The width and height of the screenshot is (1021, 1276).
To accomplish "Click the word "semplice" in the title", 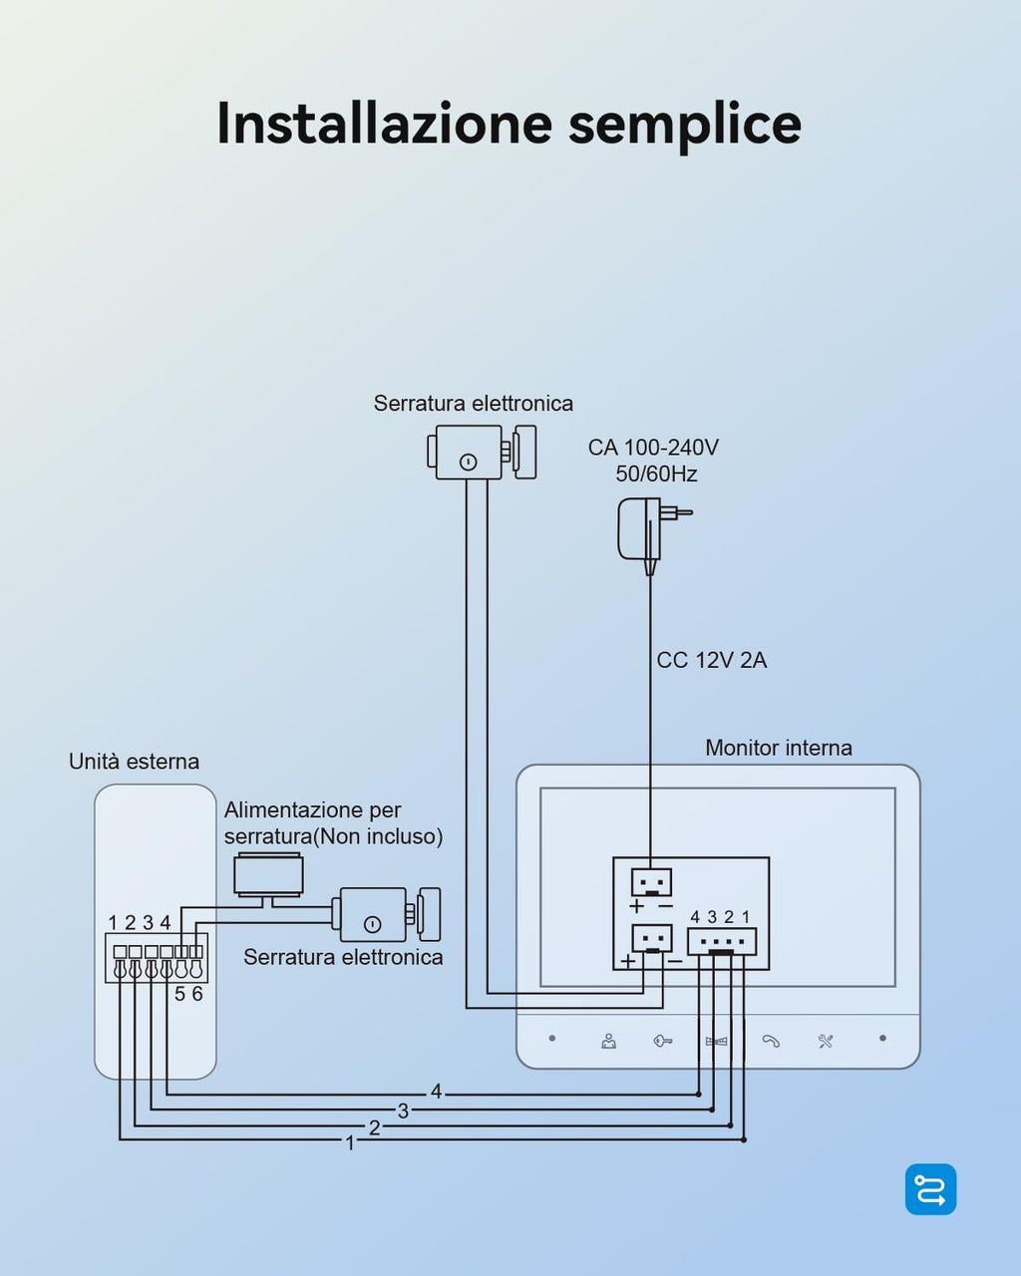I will [684, 125].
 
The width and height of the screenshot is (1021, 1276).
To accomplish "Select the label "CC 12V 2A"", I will [711, 660].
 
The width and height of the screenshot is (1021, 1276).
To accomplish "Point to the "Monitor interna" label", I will [778, 748].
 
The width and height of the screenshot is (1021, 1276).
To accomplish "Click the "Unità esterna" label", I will [134, 762].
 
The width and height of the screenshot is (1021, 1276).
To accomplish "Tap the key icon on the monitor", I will [663, 1041].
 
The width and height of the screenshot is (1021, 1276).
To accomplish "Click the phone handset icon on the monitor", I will [771, 1041].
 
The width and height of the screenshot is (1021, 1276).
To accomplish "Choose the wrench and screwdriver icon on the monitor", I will [826, 1041].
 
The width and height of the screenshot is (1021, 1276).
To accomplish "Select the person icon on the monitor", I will [609, 1041].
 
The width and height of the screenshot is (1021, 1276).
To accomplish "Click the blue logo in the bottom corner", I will [930, 1189].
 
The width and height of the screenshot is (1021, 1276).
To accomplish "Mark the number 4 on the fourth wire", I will [436, 1092].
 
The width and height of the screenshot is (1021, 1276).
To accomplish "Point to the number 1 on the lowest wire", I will [350, 1142].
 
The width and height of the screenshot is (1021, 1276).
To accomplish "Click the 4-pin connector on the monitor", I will [722, 941].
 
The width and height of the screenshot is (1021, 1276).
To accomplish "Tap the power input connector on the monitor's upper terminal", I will [651, 882].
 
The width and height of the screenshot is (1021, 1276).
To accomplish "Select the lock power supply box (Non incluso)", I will [268, 874].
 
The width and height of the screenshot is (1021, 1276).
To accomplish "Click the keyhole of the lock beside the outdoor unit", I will [373, 924].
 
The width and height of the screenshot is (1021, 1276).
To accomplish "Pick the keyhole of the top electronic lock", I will [468, 462].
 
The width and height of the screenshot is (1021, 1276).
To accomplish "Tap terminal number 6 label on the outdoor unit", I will [197, 994].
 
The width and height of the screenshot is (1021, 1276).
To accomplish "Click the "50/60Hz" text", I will [656, 474].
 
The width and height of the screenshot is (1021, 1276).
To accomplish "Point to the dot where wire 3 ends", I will [712, 1109].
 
